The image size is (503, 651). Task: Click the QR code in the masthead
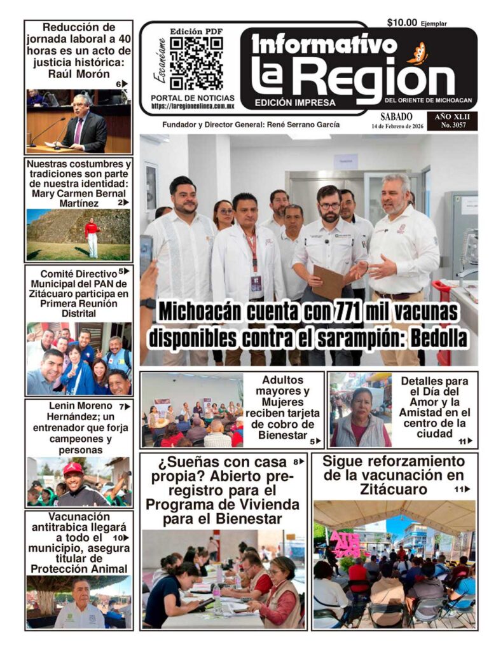pyautogui.click(x=196, y=63)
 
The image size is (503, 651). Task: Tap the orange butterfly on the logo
pyautogui.click(x=418, y=53)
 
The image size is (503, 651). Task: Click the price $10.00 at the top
pyautogui.click(x=402, y=23)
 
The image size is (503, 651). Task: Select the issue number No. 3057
pyautogui.click(x=455, y=126)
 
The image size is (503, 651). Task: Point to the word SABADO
pyautogui.click(x=396, y=117)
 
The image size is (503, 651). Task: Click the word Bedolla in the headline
pyautogui.click(x=438, y=339)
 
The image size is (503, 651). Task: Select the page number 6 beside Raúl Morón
pyautogui.click(x=118, y=84)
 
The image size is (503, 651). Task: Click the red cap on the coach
pyautogui.click(x=74, y=468)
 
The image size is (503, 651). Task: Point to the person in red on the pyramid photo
pyautogui.click(x=92, y=235)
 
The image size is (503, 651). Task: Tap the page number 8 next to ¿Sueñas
pyautogui.click(x=296, y=462)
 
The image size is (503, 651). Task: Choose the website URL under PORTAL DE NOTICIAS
pyautogui.click(x=193, y=107)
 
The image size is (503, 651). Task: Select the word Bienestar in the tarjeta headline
pyautogui.click(x=282, y=435)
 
